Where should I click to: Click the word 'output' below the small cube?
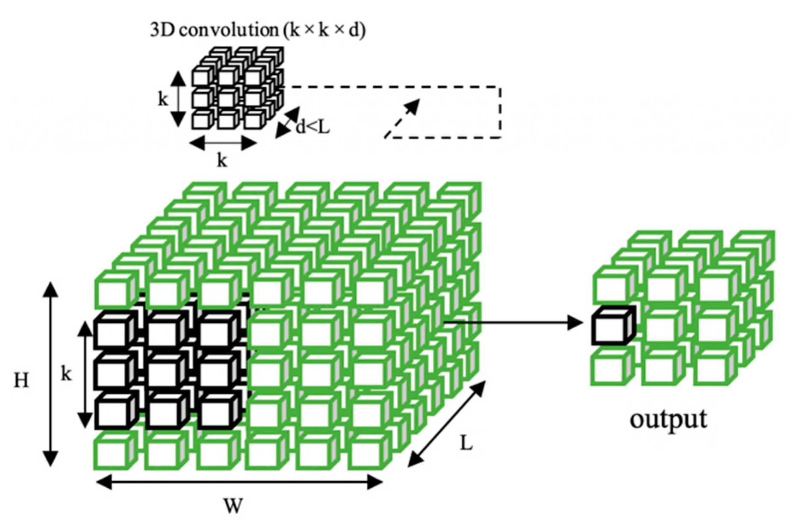[668, 420]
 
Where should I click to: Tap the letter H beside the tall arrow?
[21, 380]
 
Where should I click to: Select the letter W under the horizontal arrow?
[233, 506]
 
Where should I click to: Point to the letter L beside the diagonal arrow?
[466, 444]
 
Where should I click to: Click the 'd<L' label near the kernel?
[313, 127]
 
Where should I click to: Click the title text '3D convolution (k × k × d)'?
[258, 31]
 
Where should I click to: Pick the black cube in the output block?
[611, 327]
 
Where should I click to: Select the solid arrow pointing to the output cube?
[513, 322]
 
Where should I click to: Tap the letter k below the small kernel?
[222, 161]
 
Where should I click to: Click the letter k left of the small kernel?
[163, 100]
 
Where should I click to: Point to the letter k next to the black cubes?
[66, 374]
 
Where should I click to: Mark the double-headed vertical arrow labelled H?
[51, 374]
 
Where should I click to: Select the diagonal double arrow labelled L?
[446, 424]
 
